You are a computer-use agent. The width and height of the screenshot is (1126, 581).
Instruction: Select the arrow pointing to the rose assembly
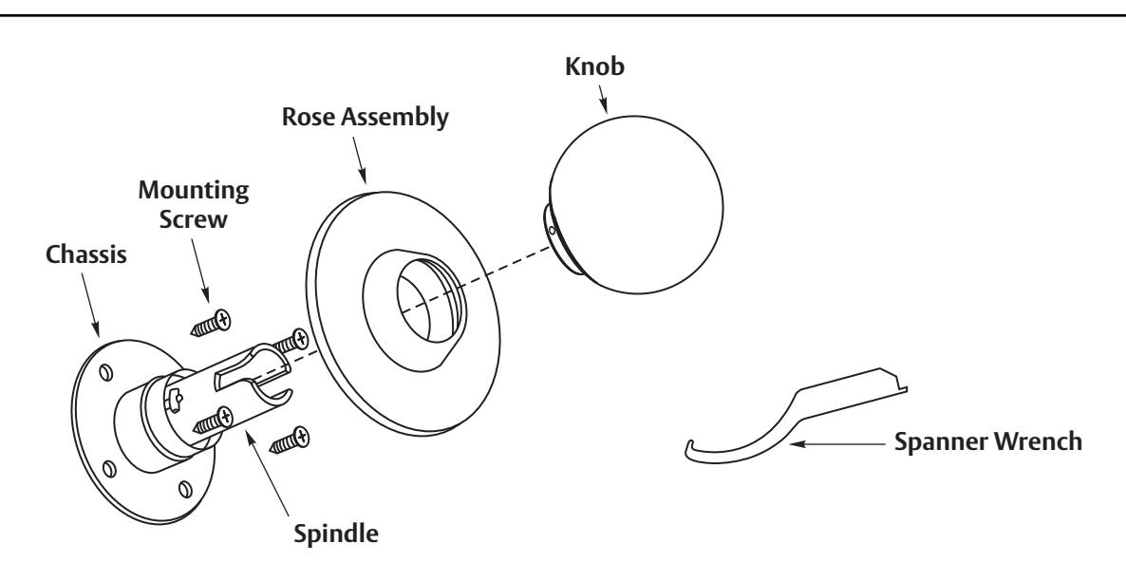pos(357,158)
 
